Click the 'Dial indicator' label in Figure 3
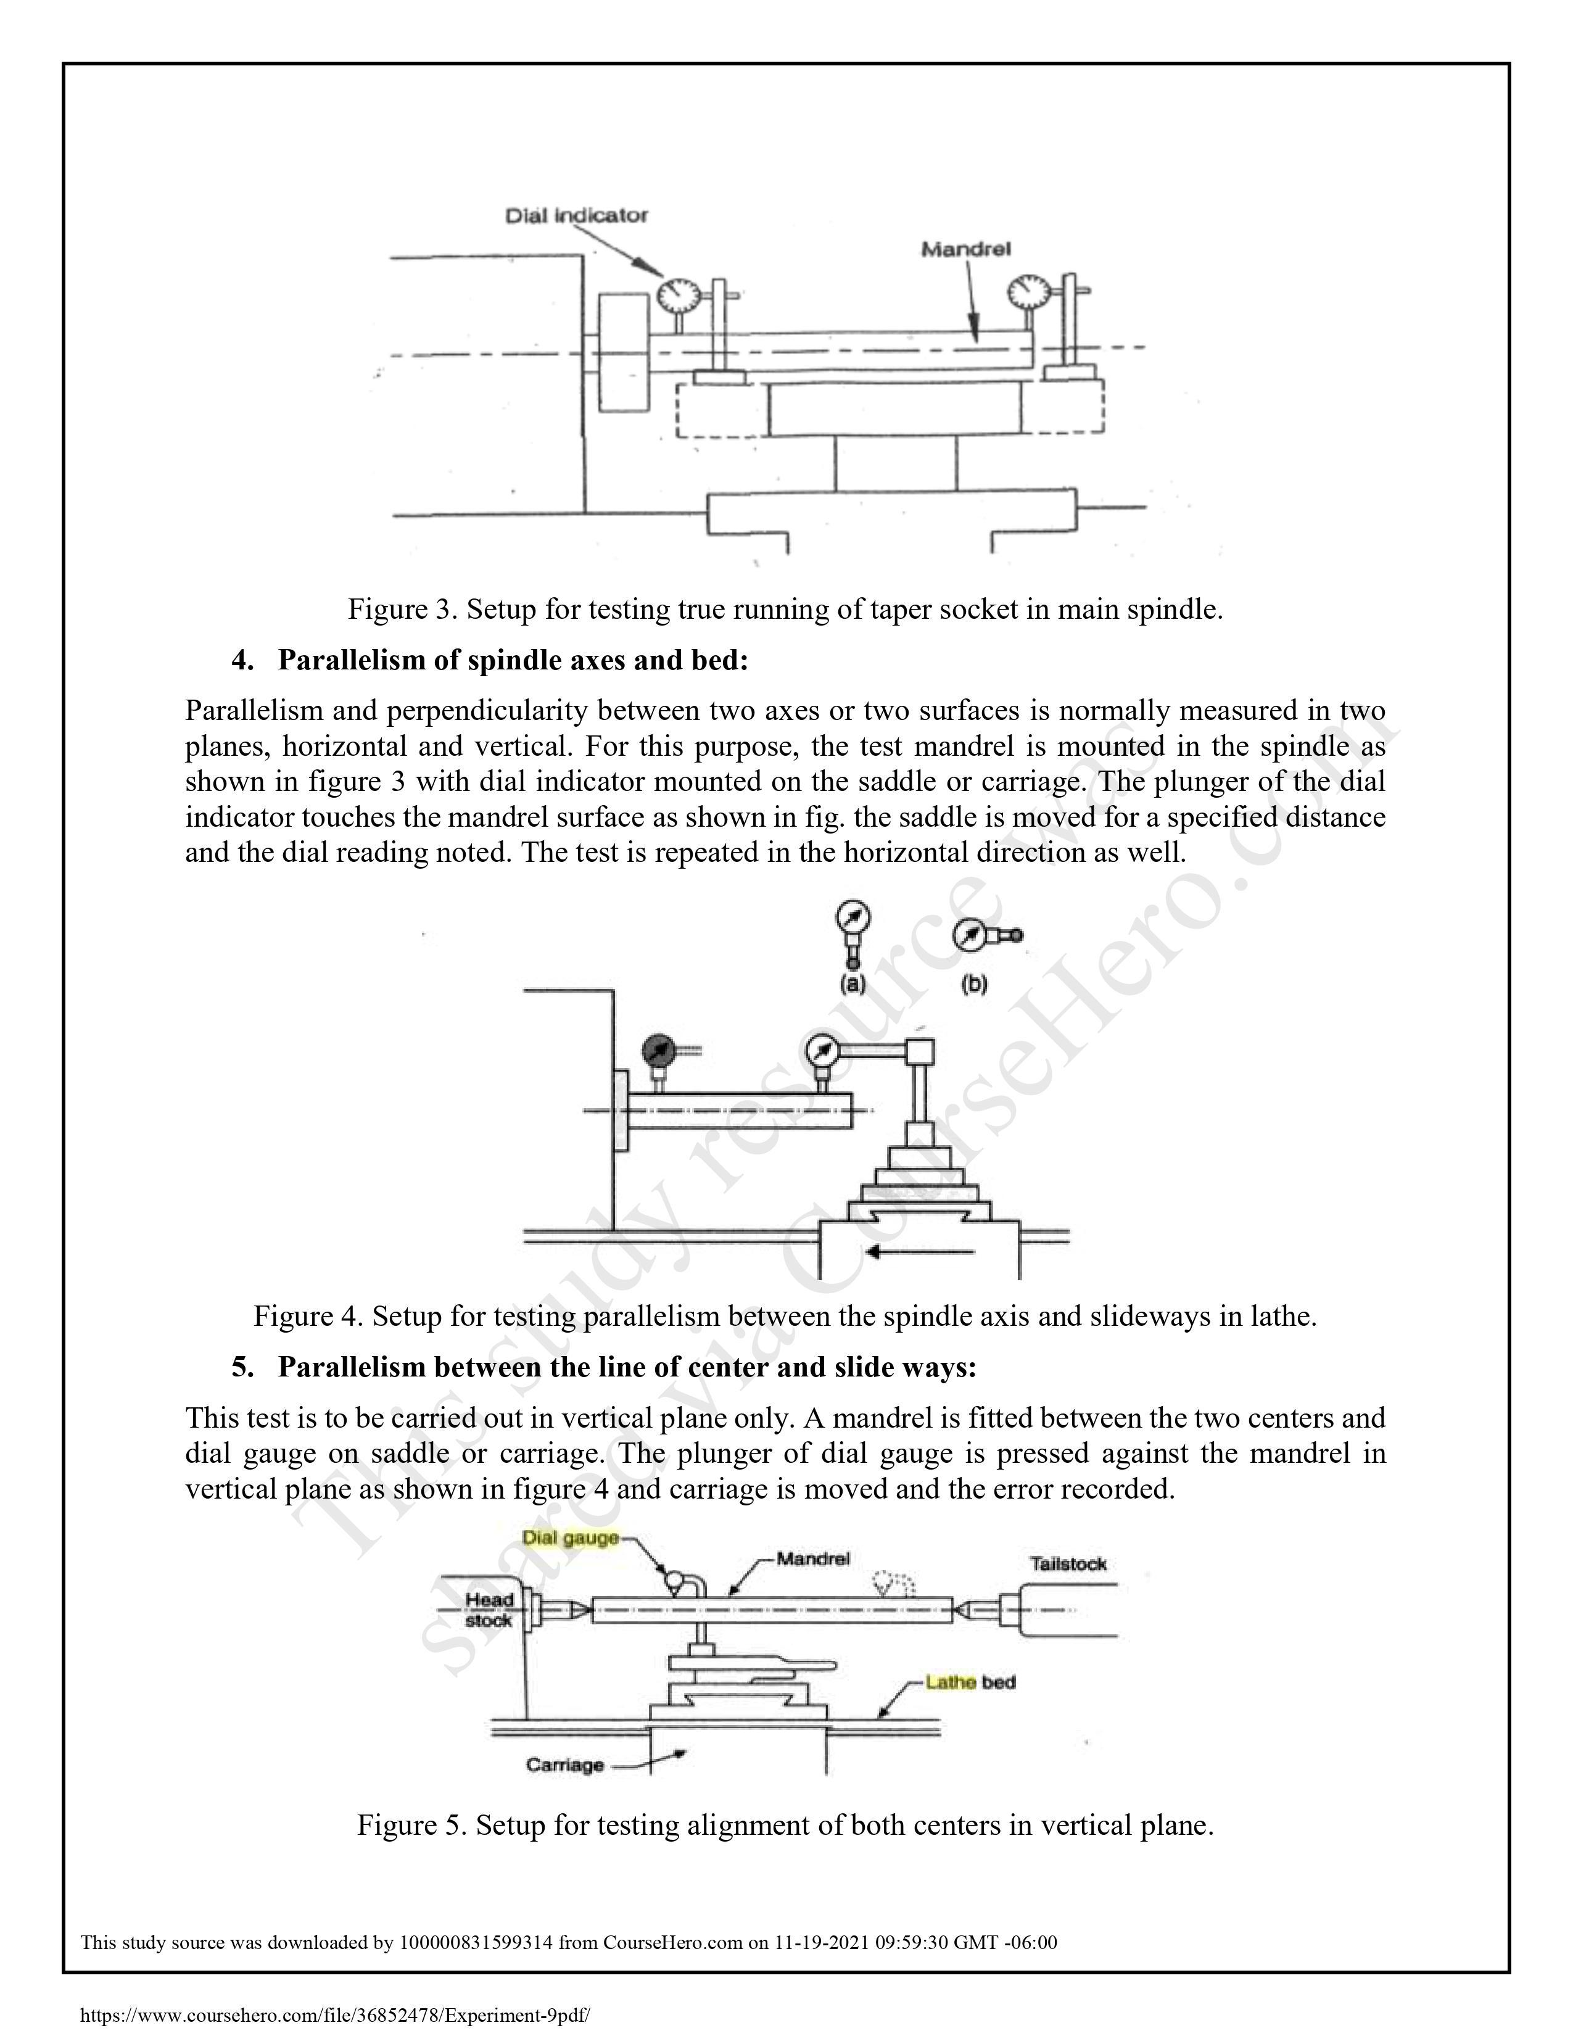[576, 215]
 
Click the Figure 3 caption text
[785, 610]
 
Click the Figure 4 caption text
[785, 1317]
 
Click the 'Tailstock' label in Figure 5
[1068, 1563]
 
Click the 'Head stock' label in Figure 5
[489, 1610]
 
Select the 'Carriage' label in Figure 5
[564, 1765]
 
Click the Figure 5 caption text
[785, 1824]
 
